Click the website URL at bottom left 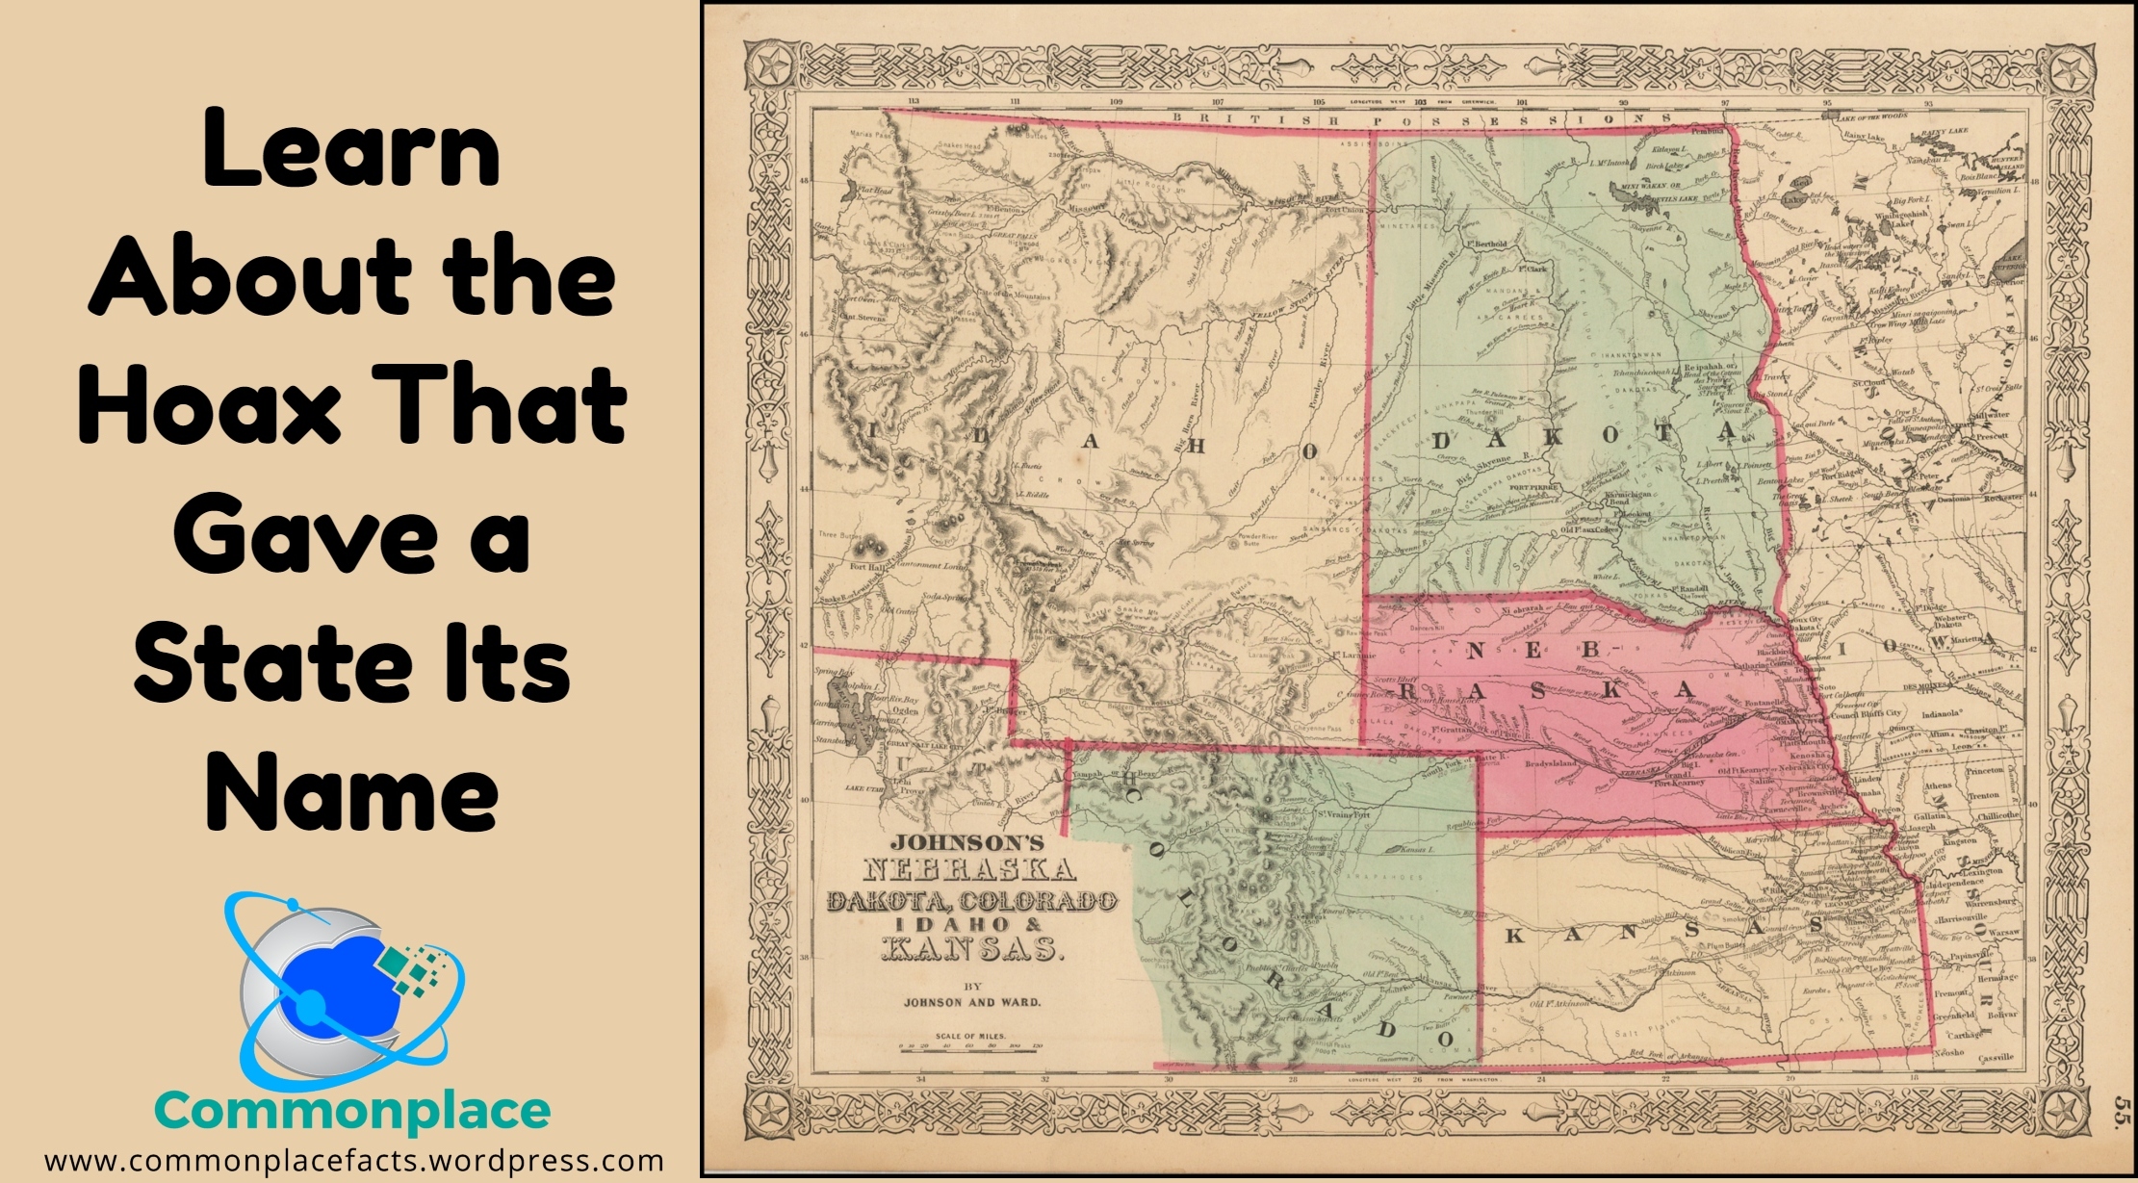pos(352,1161)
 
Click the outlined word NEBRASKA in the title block pos(968,871)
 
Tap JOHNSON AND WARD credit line pos(971,1002)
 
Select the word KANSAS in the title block pos(973,950)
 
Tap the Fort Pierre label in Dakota pos(1533,488)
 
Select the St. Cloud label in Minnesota pos(1868,383)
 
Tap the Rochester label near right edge pos(2002,499)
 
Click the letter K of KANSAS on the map pos(1514,936)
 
